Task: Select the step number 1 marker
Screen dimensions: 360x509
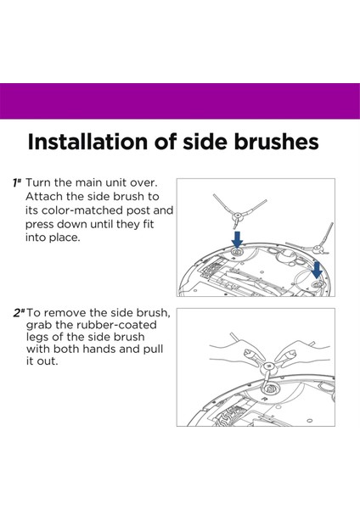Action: pyautogui.click(x=17, y=182)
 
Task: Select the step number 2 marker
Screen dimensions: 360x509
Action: pyautogui.click(x=19, y=313)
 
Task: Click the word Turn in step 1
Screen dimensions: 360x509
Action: pyautogui.click(x=38, y=182)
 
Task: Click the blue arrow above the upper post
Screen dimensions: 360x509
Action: pyautogui.click(x=237, y=239)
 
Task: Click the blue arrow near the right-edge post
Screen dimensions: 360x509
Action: pyautogui.click(x=317, y=270)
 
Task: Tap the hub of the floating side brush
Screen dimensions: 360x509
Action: pyautogui.click(x=238, y=215)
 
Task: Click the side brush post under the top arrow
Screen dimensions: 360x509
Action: pyautogui.click(x=237, y=252)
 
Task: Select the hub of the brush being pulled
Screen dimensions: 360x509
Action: pyautogui.click(x=267, y=366)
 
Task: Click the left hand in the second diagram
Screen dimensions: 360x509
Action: pyautogui.click(x=236, y=352)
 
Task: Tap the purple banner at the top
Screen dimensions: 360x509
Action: pyautogui.click(x=180, y=101)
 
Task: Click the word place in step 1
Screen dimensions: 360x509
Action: pyautogui.click(x=64, y=238)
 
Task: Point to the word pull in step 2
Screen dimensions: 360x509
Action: pyautogui.click(x=153, y=349)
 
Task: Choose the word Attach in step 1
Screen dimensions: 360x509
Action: pyautogui.click(x=44, y=197)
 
